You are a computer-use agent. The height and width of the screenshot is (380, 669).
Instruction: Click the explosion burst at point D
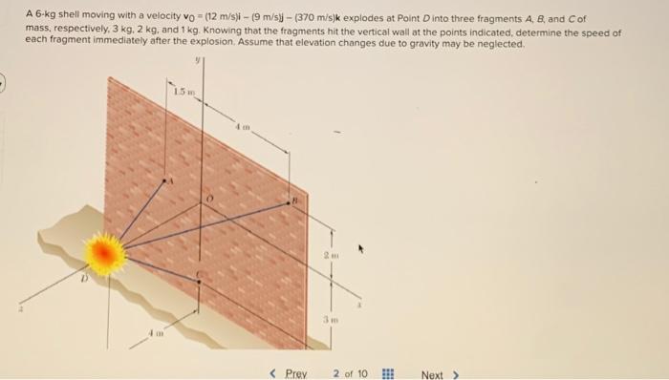(105, 254)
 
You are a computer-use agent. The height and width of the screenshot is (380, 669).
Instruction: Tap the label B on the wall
(296, 202)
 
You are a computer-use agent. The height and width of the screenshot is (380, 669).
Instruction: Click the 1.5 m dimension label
(183, 92)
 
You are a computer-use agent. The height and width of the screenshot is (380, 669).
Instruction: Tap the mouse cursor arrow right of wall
(361, 250)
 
